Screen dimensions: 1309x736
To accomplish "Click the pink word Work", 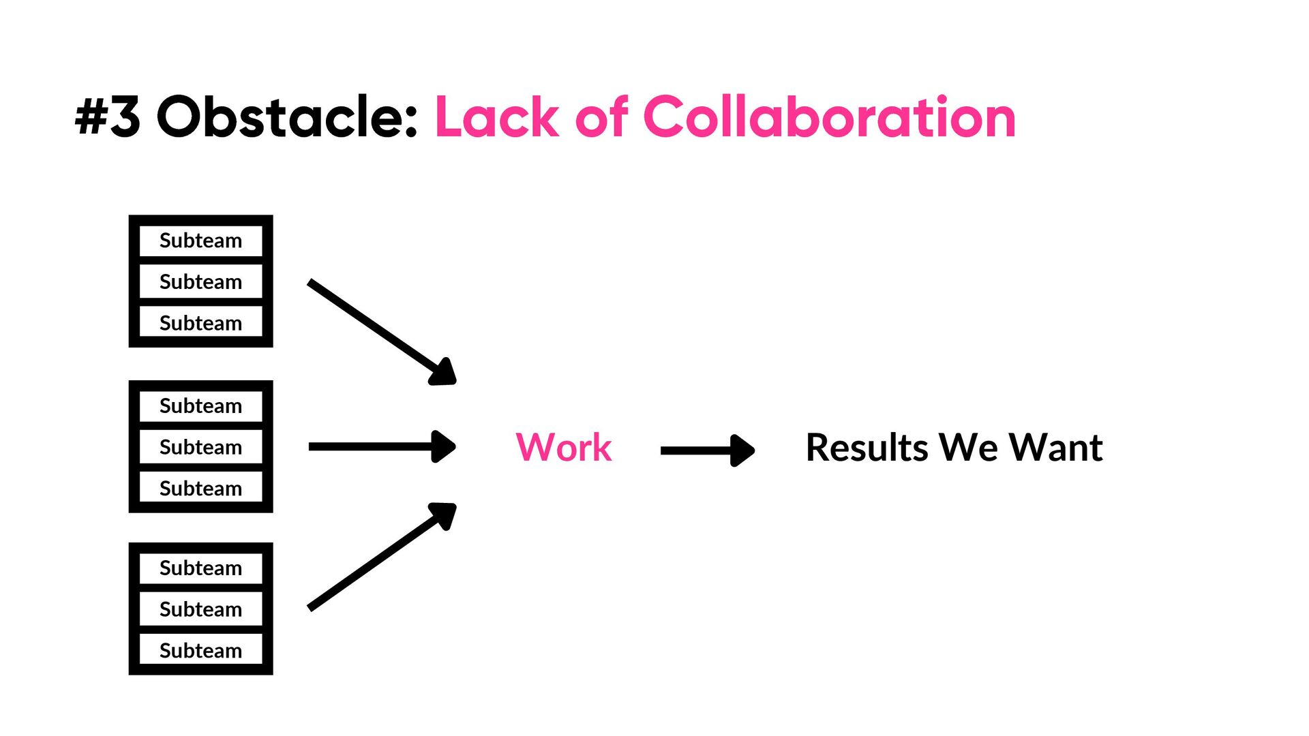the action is [563, 448].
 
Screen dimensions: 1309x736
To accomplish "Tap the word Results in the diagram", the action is [867, 448].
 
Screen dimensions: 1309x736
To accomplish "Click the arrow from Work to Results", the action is [708, 450].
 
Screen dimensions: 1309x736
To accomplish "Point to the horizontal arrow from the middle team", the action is [382, 447].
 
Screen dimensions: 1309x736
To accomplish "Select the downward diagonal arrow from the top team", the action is [382, 332].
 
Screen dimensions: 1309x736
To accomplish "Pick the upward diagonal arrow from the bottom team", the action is [382, 556].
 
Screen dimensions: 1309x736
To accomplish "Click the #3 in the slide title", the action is [108, 117].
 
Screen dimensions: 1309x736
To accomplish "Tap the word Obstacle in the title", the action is [286, 117].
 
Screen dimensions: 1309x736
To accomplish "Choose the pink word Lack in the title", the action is [497, 117].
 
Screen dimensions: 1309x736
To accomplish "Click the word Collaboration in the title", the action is [829, 117].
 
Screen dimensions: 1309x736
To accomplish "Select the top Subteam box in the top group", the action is [200, 241].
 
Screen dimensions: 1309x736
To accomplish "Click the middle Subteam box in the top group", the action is [200, 281].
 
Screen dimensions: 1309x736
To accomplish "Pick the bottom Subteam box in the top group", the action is [200, 322].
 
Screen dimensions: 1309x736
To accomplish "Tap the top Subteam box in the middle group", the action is [200, 405].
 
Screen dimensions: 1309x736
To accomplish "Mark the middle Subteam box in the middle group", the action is [200, 447].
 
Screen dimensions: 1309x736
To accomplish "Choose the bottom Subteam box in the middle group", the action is [200, 488].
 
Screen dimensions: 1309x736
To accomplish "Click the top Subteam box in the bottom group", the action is [200, 568].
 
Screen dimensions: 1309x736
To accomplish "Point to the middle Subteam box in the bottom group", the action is [200, 609].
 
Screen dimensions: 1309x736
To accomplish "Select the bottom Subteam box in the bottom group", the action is [200, 650].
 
